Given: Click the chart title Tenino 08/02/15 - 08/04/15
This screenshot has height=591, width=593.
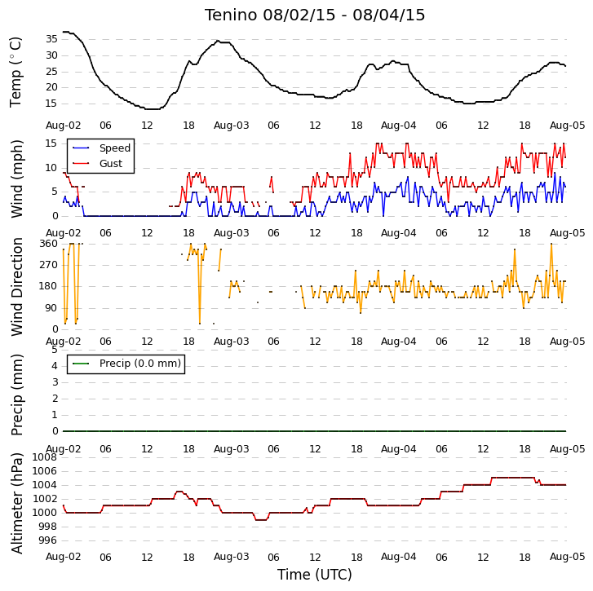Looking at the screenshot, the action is click(x=315, y=15).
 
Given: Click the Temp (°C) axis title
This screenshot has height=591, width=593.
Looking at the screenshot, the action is click(x=15, y=73).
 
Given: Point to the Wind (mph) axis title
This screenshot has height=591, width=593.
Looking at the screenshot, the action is click(x=16, y=179).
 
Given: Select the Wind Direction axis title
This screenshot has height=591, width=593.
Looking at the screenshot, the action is click(x=16, y=287).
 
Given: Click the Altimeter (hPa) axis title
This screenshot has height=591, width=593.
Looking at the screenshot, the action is click(x=16, y=503).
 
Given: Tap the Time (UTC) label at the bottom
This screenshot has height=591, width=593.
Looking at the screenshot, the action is click(x=315, y=575).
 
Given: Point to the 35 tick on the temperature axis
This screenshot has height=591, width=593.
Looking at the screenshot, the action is click(x=51, y=39).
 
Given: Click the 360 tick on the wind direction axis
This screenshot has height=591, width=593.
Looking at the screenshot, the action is click(x=49, y=244).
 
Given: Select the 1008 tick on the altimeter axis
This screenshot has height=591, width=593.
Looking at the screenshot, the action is click(x=44, y=457).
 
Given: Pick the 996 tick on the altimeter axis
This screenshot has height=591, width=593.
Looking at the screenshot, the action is click(x=47, y=540).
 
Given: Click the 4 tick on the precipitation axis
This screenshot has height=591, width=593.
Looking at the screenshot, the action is click(x=55, y=366).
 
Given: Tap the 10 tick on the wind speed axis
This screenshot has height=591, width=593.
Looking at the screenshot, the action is click(x=51, y=168).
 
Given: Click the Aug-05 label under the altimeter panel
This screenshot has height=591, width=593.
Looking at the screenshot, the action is click(x=567, y=557).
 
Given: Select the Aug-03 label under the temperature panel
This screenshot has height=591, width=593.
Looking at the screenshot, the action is click(x=231, y=126).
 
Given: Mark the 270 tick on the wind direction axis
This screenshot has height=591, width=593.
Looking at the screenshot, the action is click(x=49, y=264).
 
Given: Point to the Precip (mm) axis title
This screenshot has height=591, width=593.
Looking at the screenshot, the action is click(x=16, y=395).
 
